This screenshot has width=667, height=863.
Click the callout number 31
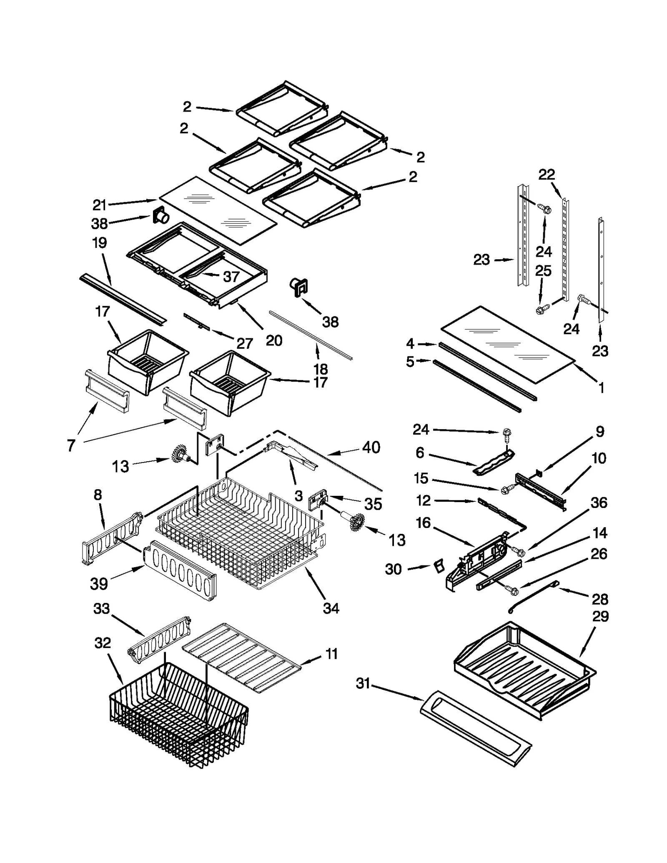click(x=363, y=683)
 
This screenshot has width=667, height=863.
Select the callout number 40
click(x=371, y=447)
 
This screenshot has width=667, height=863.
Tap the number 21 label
click(x=100, y=205)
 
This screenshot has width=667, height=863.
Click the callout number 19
click(x=100, y=243)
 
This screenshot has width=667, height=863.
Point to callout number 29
click(x=600, y=616)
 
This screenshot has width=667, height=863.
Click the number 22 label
click(x=547, y=175)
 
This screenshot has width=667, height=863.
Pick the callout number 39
click(x=99, y=584)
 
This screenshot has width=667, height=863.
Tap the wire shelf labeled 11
click(x=242, y=658)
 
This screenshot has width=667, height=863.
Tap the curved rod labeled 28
click(x=532, y=596)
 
